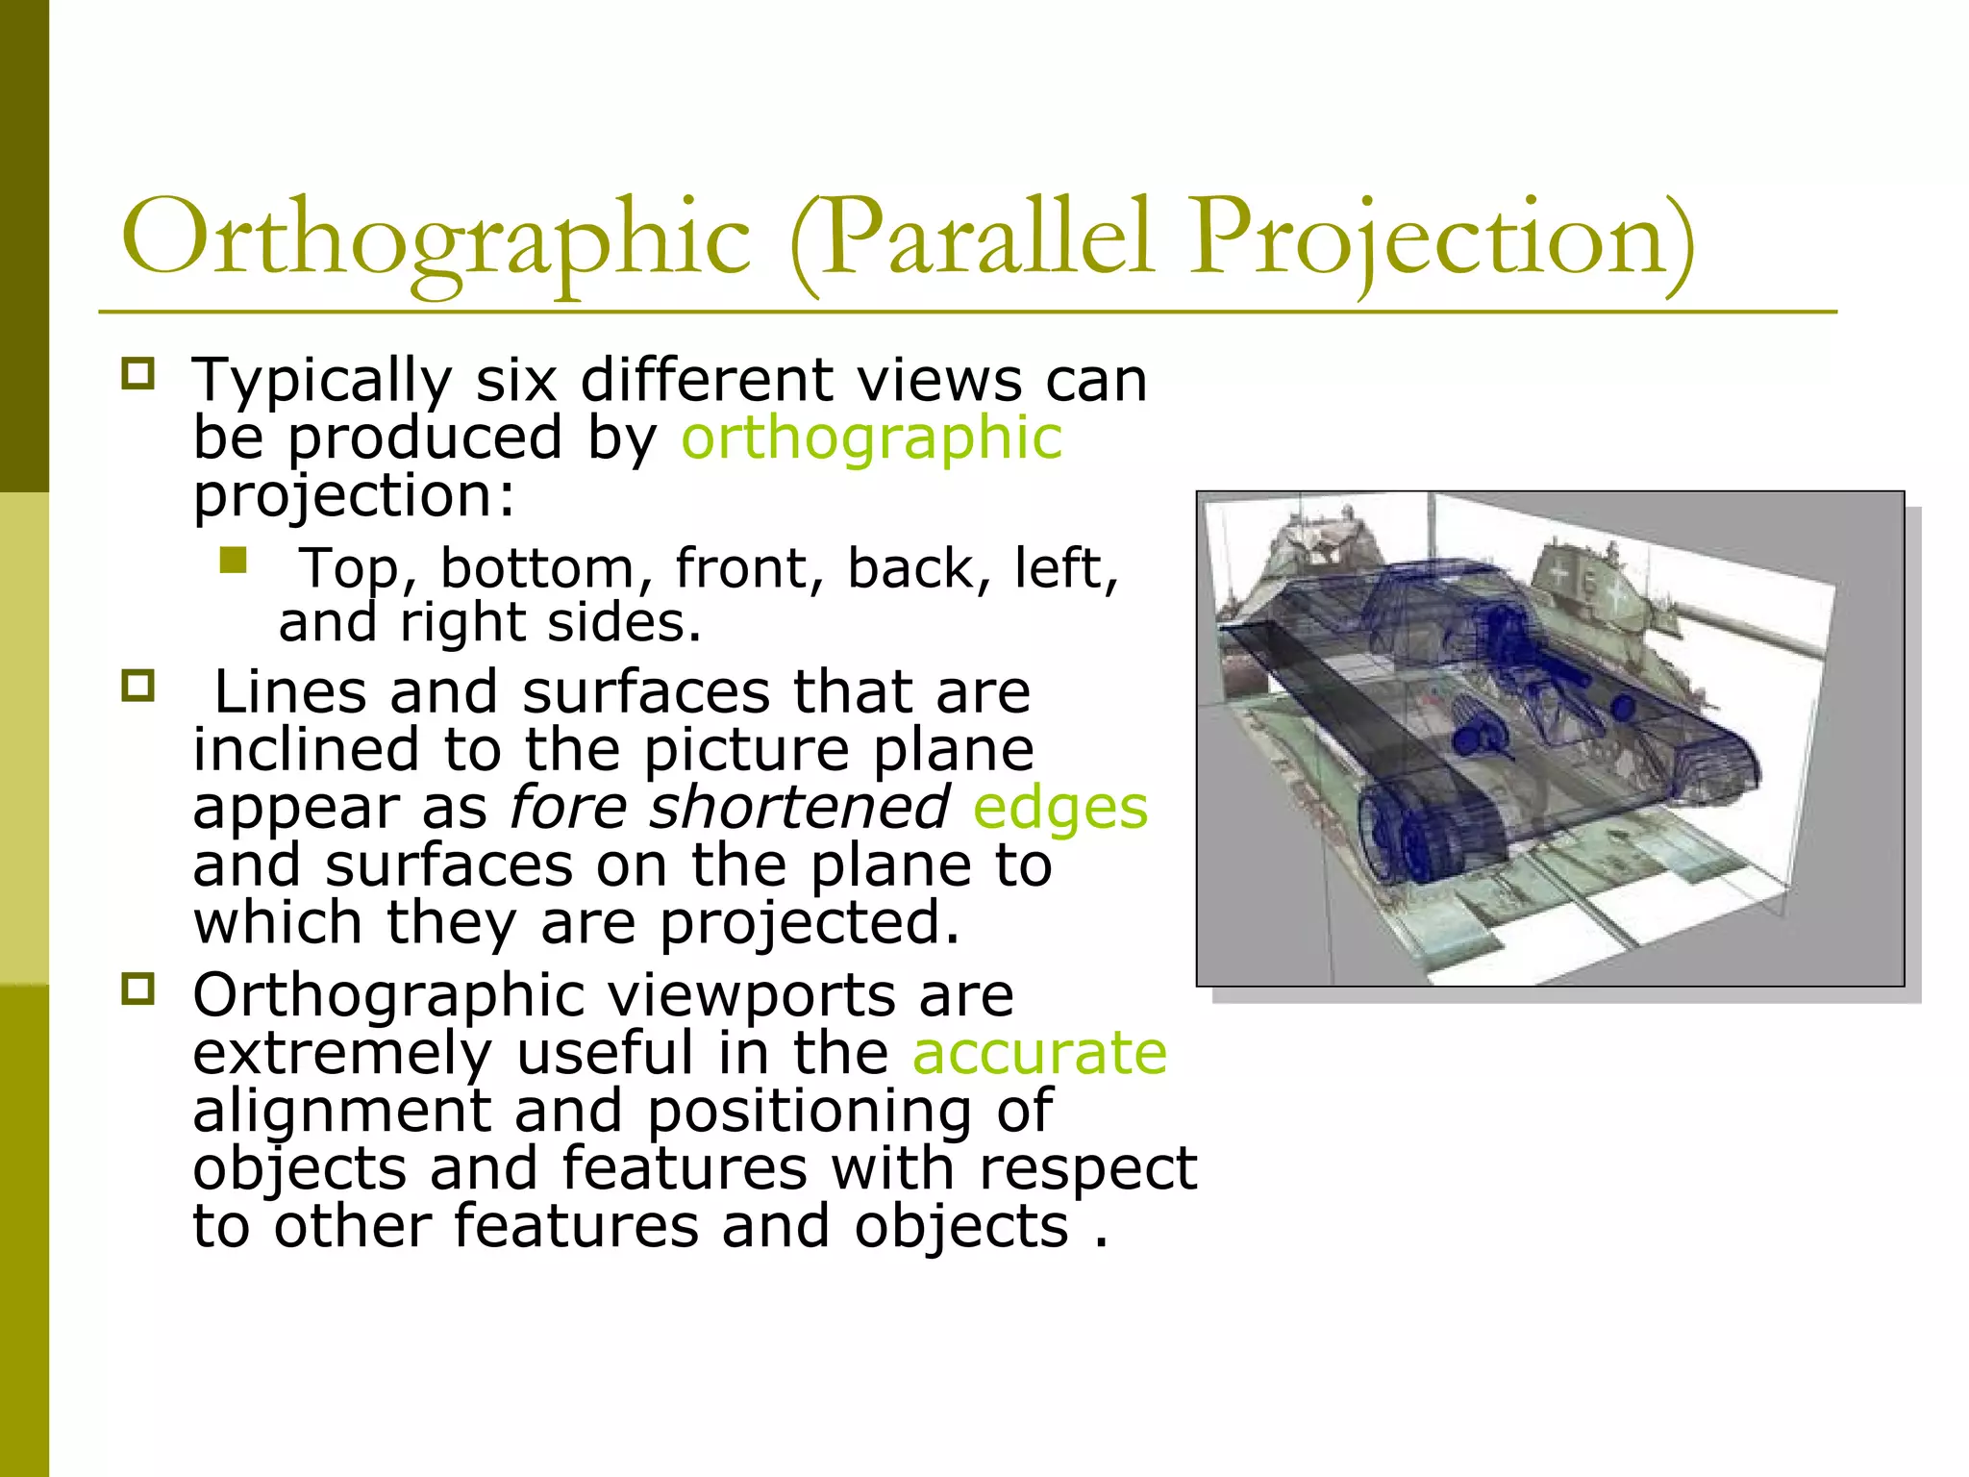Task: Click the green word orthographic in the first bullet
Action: tap(871, 439)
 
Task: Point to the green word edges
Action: tap(1060, 808)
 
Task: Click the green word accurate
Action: tap(1039, 1053)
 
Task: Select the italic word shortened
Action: tap(800, 808)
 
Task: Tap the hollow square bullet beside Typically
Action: tap(138, 374)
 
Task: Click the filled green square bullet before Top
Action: tap(233, 560)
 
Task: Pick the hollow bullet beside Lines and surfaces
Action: tap(138, 687)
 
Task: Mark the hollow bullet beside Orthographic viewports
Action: tap(138, 989)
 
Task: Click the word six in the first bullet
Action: tap(516, 381)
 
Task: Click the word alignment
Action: tap(342, 1113)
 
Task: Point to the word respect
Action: tap(1087, 1170)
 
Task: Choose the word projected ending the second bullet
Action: tap(809, 924)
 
